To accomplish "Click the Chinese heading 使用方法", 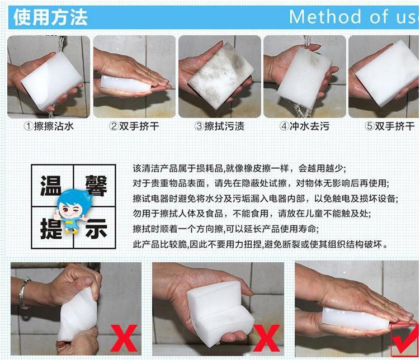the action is tap(50, 17).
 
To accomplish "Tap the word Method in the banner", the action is tap(325, 17).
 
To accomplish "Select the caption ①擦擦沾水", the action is tap(49, 126).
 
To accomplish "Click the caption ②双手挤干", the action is tap(134, 126).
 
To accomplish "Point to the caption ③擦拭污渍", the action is tap(219, 126).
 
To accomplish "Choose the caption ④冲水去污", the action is tap(304, 126).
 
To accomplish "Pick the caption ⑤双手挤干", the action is tap(390, 126).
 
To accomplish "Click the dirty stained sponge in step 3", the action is tap(221, 75).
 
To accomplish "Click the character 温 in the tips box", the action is tap(50, 185).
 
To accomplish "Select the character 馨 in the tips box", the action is tap(96, 185).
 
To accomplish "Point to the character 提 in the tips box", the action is tap(50, 228).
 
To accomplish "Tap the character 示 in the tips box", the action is tap(96, 228).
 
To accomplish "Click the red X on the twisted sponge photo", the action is tap(124, 338).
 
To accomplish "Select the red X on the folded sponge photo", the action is tap(267, 338).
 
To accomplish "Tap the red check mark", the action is tap(404, 340).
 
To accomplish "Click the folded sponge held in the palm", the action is tap(220, 312).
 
